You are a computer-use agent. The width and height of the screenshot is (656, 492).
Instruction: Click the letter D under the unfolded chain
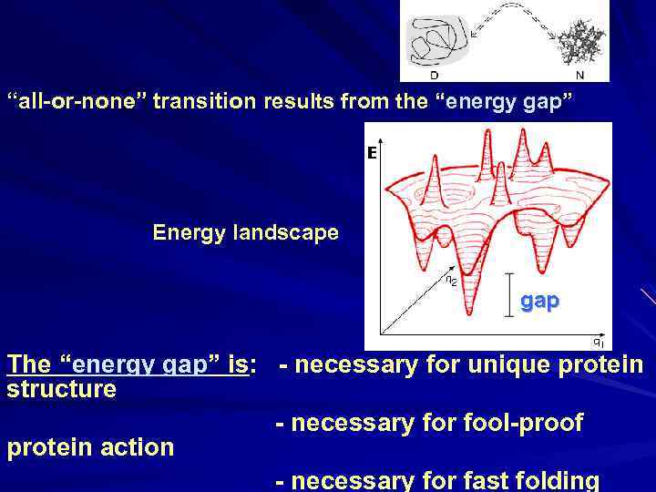point(433,75)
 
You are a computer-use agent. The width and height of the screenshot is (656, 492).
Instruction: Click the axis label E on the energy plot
point(372,154)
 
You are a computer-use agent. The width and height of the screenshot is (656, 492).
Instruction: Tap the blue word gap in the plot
point(539,301)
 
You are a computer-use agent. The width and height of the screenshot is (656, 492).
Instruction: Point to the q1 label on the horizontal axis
point(597,343)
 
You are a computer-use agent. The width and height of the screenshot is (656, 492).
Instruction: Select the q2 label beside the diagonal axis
point(450,281)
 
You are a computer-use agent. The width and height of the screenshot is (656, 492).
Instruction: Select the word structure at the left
point(62,389)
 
